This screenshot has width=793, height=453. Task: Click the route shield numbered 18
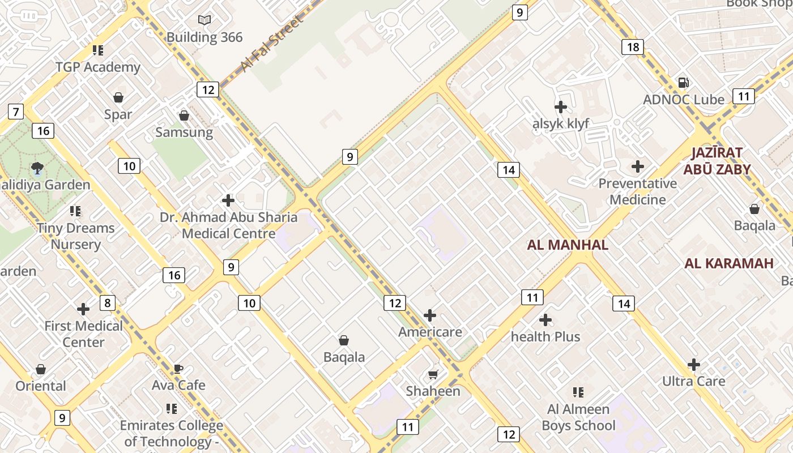click(633, 47)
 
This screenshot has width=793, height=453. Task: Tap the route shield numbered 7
click(15, 112)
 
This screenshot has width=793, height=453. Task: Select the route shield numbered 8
click(107, 302)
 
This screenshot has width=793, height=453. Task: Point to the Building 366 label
click(204, 37)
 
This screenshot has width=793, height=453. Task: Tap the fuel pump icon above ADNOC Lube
click(684, 83)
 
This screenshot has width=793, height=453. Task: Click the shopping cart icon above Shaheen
click(433, 374)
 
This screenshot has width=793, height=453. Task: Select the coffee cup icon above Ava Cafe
click(178, 369)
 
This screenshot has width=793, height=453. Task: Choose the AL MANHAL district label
click(568, 245)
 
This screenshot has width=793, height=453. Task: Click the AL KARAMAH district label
click(728, 263)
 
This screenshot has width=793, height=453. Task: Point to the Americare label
click(430, 332)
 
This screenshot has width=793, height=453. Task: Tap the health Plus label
click(545, 336)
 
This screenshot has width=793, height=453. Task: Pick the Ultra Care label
click(694, 381)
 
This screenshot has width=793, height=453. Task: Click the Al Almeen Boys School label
click(578, 417)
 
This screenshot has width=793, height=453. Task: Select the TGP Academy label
click(98, 67)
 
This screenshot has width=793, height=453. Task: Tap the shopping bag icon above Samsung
click(184, 116)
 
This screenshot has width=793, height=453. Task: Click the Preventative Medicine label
click(638, 191)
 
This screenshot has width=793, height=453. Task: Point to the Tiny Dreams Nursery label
click(76, 236)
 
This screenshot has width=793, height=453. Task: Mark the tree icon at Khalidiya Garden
click(37, 167)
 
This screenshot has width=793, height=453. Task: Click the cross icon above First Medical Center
click(83, 309)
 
